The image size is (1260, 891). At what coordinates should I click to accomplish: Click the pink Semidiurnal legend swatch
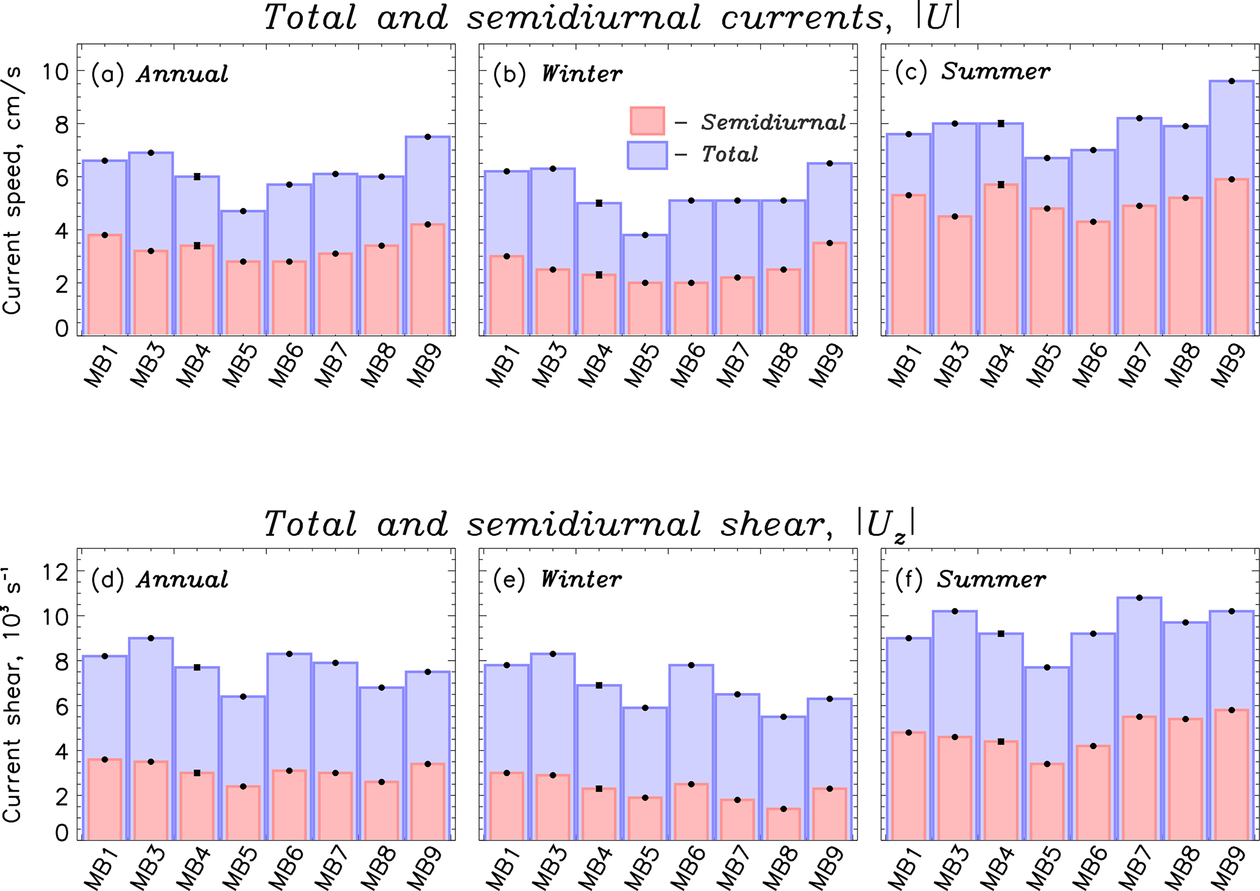pyautogui.click(x=647, y=121)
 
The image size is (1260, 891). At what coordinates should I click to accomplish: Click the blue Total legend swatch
pyautogui.click(x=647, y=155)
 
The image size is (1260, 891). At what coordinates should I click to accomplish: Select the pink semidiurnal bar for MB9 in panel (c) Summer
pyautogui.click(x=1231, y=256)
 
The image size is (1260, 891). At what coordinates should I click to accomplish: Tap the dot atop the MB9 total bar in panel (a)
pyautogui.click(x=428, y=137)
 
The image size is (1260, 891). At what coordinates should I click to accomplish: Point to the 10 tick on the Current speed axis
pyautogui.click(x=55, y=71)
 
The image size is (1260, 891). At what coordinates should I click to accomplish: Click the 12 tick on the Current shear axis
pyautogui.click(x=55, y=571)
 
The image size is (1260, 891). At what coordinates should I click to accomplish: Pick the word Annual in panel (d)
pyautogui.click(x=182, y=580)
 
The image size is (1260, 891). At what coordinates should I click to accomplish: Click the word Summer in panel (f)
pyautogui.click(x=991, y=579)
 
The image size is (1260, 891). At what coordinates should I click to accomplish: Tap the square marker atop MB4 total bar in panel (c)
pyautogui.click(x=1001, y=124)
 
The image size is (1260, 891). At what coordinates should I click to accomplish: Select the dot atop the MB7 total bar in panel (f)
pyautogui.click(x=1139, y=598)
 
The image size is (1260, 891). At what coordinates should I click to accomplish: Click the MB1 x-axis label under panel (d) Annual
pyautogui.click(x=102, y=870)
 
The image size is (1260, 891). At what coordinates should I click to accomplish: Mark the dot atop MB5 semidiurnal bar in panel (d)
pyautogui.click(x=243, y=787)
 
